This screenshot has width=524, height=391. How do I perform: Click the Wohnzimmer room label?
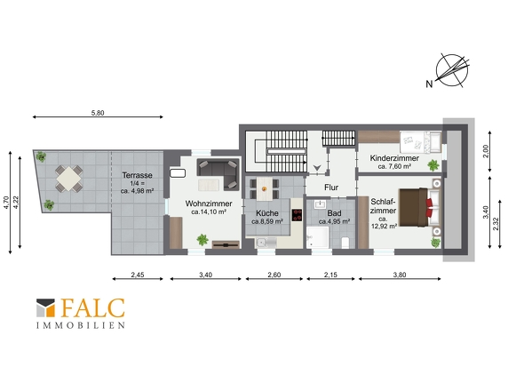[209, 203]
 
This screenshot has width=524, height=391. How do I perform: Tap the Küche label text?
[267, 213]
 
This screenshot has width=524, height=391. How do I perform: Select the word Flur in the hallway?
[331, 188]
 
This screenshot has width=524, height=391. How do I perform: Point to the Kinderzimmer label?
[394, 158]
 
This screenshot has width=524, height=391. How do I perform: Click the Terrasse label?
[137, 175]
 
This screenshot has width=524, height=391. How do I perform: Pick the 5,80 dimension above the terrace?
[98, 113]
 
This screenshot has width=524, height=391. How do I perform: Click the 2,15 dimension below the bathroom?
[330, 275]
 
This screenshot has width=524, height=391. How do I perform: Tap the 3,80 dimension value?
[400, 275]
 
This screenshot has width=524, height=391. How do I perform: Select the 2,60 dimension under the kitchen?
[274, 275]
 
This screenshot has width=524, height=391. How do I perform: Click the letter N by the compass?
[429, 84]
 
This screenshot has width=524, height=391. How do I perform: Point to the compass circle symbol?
[452, 70]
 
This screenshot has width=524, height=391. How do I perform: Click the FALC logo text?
[93, 308]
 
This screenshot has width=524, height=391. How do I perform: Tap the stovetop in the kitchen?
[297, 215]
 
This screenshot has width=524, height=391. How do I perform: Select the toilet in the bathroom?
[345, 243]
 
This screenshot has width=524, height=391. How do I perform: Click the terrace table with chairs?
[69, 179]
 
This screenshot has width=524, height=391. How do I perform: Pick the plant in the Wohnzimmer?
[202, 239]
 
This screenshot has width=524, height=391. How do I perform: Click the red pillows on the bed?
[429, 208]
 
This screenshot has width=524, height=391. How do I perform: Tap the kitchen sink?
[266, 243]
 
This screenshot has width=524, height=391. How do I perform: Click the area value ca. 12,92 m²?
[384, 222]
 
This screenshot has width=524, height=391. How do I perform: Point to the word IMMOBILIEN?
[81, 325]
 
